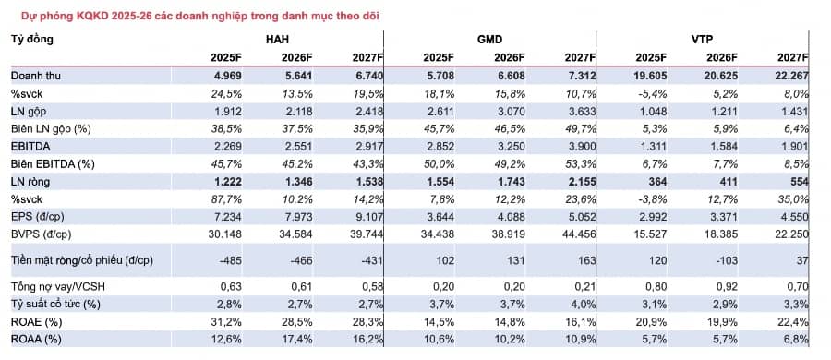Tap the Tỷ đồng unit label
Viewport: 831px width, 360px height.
31,40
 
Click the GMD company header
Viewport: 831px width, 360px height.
489,40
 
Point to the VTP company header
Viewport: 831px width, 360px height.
703,40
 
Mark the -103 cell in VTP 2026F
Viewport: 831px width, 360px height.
724,262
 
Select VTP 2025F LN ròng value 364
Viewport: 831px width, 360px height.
657,181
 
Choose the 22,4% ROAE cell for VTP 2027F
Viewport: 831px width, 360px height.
791,321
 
